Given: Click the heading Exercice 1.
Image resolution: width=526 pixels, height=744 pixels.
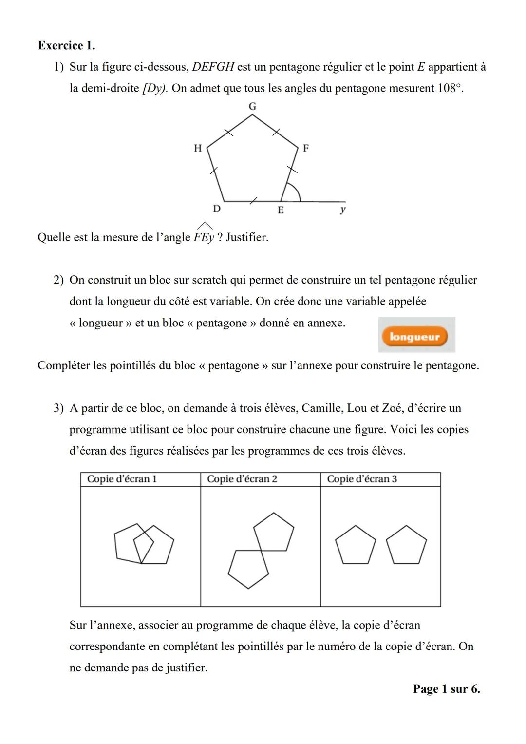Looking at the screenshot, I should pyautogui.click(x=66, y=45).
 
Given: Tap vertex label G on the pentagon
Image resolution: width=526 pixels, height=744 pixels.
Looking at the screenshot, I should pyautogui.click(x=252, y=106).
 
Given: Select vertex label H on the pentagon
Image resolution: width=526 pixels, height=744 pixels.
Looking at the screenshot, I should pyautogui.click(x=198, y=148).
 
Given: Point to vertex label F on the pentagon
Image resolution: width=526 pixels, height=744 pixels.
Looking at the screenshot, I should pyautogui.click(x=306, y=148).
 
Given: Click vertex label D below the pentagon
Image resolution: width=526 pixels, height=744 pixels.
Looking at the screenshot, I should pyautogui.click(x=217, y=209).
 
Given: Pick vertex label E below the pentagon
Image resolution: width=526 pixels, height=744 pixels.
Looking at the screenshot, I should pyautogui.click(x=281, y=210).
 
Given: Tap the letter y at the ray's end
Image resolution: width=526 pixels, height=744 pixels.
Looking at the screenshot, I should pyautogui.click(x=343, y=210).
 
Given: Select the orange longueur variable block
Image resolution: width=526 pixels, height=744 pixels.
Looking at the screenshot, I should pyautogui.click(x=414, y=337).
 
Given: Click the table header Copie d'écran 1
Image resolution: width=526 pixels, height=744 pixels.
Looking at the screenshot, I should pyautogui.click(x=122, y=479).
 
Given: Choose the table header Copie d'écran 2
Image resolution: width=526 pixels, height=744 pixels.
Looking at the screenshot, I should pyautogui.click(x=242, y=479).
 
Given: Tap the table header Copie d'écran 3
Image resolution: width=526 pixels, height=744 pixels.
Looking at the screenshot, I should pyautogui.click(x=362, y=479).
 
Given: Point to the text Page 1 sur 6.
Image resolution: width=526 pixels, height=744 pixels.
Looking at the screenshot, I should pyautogui.click(x=446, y=688).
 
